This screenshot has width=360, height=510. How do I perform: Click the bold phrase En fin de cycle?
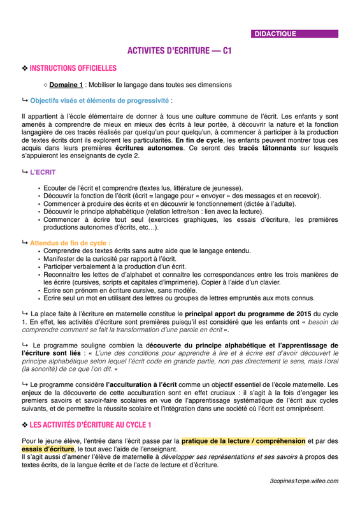point(201,139)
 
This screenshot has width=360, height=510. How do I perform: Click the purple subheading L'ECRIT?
point(43,173)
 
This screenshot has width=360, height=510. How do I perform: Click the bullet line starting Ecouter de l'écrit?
point(143,188)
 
